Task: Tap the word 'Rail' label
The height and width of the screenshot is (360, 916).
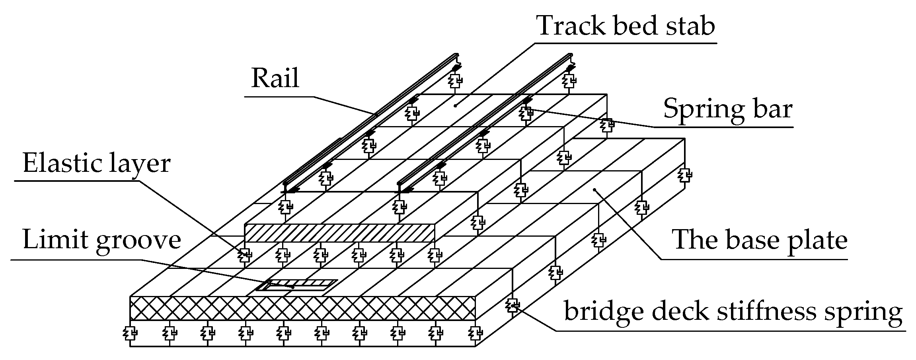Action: pyautogui.click(x=275, y=78)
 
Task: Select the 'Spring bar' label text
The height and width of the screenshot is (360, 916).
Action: pyautogui.click(x=728, y=109)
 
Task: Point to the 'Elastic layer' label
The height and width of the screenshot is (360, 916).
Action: pyautogui.click(x=97, y=163)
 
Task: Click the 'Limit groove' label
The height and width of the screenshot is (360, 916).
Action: pyautogui.click(x=102, y=240)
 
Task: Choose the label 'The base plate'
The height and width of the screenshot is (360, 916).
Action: pyautogui.click(x=759, y=240)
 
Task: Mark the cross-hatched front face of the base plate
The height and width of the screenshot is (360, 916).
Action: pyautogui.click(x=302, y=308)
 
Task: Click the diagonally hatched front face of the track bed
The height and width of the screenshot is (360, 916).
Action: pyautogui.click(x=339, y=233)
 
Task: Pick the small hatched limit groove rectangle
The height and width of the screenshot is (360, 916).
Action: pyautogui.click(x=296, y=285)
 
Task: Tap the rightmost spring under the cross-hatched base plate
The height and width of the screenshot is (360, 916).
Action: pyautogui.click(x=475, y=332)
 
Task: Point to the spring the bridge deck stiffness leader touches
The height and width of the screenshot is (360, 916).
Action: pyautogui.click(x=513, y=306)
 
